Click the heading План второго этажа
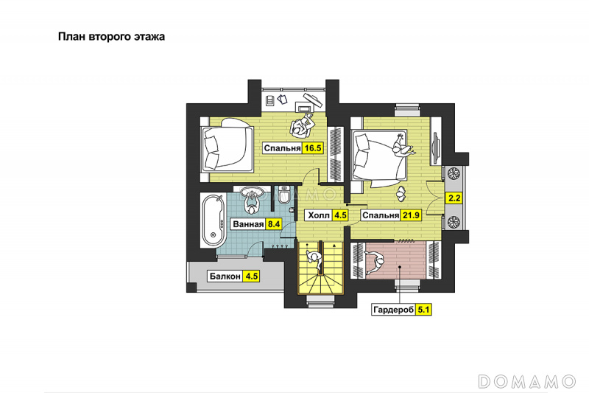click(111, 37)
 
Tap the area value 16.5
click(312, 148)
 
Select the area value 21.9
click(411, 215)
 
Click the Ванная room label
click(248, 224)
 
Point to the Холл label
click(319, 215)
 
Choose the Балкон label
click(225, 277)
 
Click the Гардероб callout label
click(394, 310)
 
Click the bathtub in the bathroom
click(213, 220)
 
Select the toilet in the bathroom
click(285, 194)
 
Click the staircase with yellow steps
click(320, 267)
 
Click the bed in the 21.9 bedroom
click(379, 158)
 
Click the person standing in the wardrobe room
click(375, 262)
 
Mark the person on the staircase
click(314, 260)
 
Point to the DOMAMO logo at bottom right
click(527, 381)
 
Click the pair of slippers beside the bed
click(401, 193)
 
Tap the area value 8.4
click(273, 224)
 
